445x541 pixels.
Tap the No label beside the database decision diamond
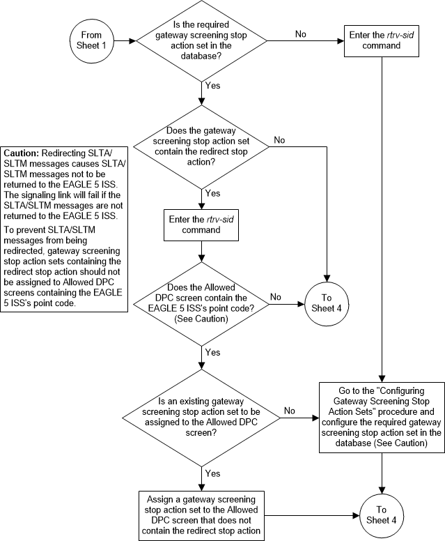pos(301,34)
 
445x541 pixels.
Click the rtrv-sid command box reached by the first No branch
pos(382,40)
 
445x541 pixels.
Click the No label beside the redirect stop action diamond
pos(280,140)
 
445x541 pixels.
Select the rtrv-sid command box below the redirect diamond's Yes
pos(201,224)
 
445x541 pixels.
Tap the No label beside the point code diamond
pos(276,296)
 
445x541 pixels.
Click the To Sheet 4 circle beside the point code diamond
pos(327,303)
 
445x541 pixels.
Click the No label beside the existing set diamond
pos(290,411)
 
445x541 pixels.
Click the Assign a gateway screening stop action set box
pos(201,515)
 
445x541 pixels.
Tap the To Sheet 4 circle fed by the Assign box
pos(382,515)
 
